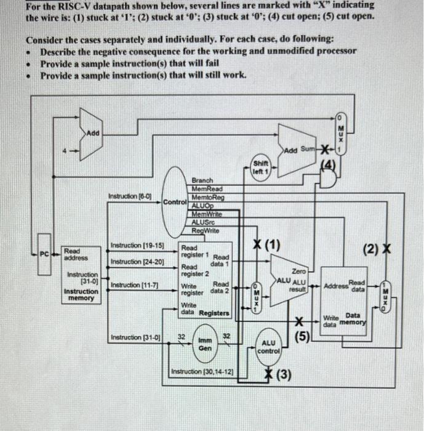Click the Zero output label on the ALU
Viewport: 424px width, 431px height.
[x=298, y=271]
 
